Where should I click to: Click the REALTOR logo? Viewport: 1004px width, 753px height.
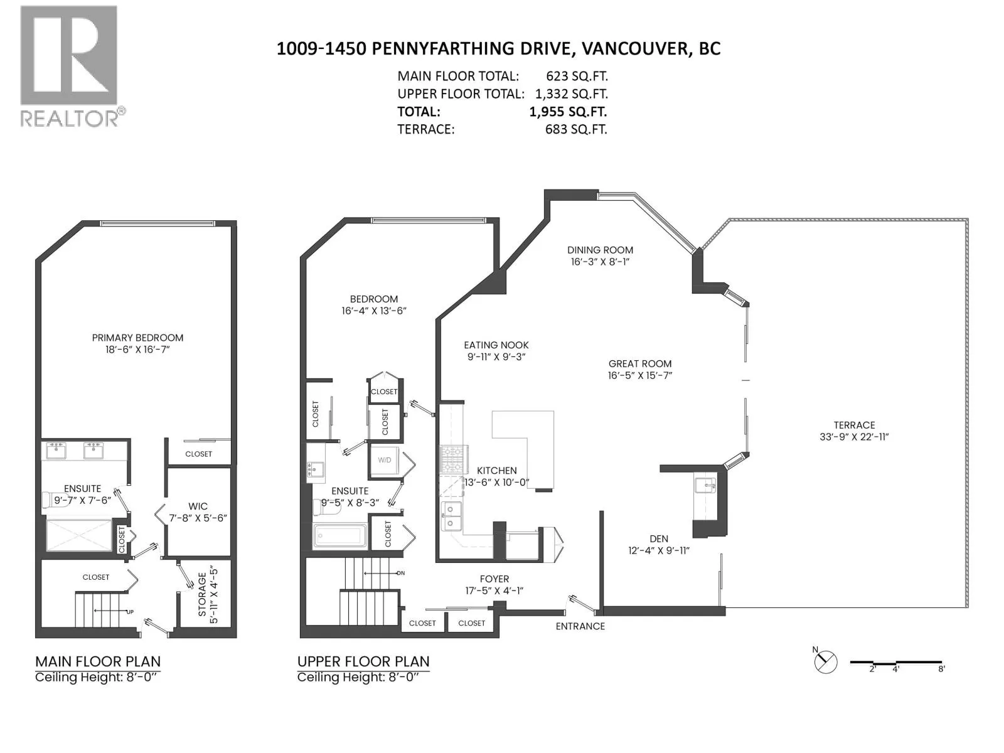(x=73, y=67)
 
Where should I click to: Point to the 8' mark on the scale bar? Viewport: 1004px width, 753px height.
(x=941, y=669)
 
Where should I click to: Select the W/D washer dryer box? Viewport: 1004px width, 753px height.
(x=384, y=461)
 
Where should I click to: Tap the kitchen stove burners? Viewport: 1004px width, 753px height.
(x=451, y=459)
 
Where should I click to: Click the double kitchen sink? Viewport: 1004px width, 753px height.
(x=451, y=516)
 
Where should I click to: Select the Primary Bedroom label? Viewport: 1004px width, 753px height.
(x=137, y=338)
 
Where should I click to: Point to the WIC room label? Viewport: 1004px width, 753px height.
(x=198, y=506)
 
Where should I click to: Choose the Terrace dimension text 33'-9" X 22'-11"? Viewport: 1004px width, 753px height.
(x=854, y=437)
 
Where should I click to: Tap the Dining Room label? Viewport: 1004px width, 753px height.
(x=600, y=250)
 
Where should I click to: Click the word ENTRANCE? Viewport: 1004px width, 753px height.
(x=580, y=626)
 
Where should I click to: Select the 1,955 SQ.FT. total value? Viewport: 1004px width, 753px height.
(x=568, y=112)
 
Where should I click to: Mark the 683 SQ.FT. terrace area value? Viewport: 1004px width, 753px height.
(x=576, y=129)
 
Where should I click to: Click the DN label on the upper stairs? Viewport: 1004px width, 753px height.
(x=401, y=573)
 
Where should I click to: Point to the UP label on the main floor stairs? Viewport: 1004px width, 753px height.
(x=130, y=612)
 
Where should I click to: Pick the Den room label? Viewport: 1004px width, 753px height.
(x=659, y=539)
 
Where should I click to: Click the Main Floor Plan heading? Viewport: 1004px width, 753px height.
(x=98, y=661)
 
